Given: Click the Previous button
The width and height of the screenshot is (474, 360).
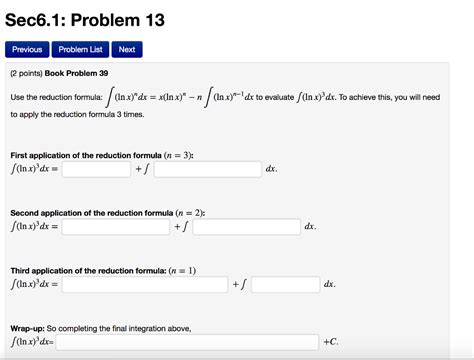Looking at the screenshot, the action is click(27, 49).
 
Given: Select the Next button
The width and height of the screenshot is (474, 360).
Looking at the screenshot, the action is click(126, 49).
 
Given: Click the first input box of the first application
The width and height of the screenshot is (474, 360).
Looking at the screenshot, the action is click(96, 170).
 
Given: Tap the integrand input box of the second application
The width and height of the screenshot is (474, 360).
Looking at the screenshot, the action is click(247, 227).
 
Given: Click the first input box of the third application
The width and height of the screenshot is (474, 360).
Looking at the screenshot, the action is click(144, 285).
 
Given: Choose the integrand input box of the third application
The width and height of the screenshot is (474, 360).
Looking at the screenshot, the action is click(285, 285).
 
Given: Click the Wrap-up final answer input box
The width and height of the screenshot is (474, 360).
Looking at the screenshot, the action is click(187, 342).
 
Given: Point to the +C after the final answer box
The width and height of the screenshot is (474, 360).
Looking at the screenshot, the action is click(332, 342).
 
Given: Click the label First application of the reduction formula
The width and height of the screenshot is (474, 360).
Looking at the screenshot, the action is click(101, 156).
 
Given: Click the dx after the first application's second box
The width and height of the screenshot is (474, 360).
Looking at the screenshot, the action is click(271, 170).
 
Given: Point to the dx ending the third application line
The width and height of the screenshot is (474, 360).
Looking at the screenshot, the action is click(330, 285).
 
